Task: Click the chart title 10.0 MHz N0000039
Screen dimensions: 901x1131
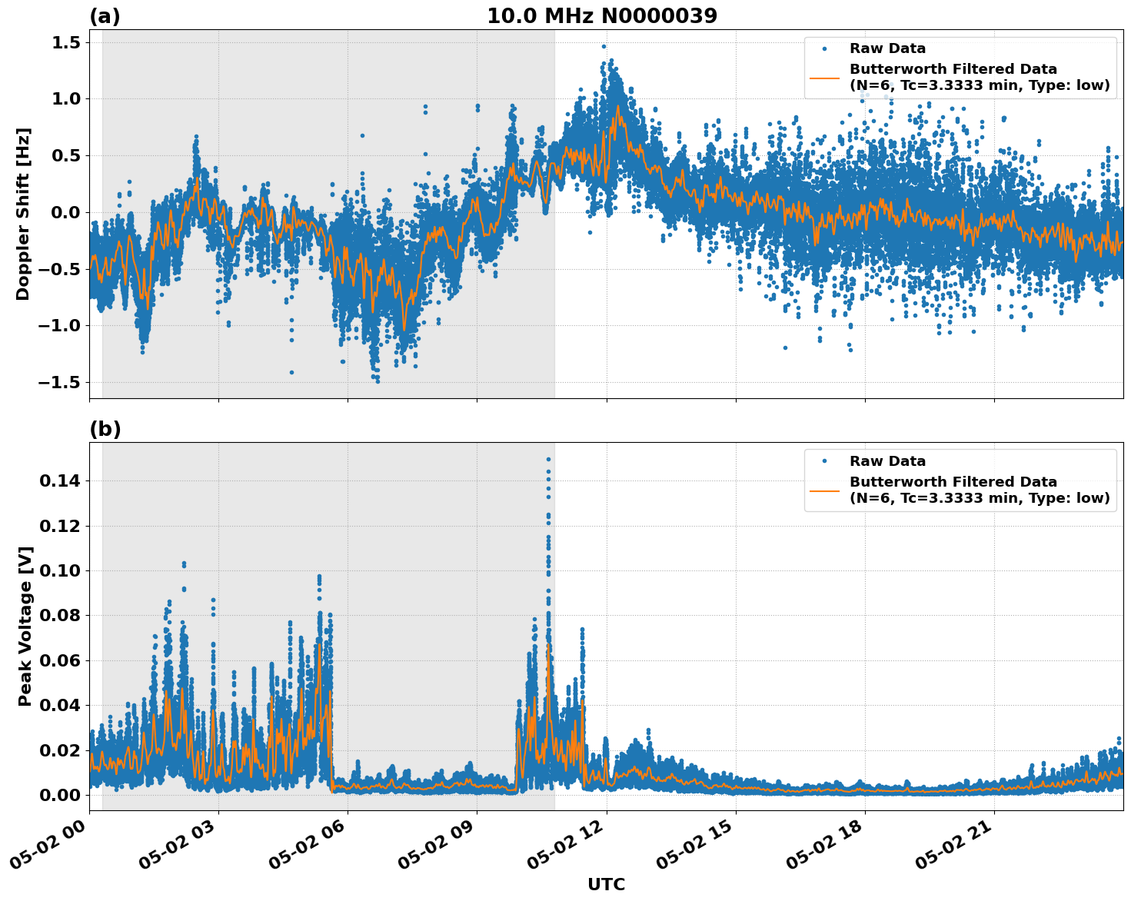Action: [602, 16]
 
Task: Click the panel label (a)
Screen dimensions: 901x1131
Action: [105, 16]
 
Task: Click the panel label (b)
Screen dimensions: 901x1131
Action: [105, 429]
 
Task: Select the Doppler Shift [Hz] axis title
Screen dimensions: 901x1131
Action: [23, 214]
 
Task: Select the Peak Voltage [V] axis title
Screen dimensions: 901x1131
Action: [25, 626]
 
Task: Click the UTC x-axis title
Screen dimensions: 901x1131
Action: [606, 884]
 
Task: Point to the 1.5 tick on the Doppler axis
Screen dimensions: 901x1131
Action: [65, 42]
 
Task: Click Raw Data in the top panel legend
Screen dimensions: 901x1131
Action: [887, 48]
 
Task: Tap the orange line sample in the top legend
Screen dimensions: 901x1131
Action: [824, 77]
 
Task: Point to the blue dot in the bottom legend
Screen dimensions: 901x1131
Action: [824, 461]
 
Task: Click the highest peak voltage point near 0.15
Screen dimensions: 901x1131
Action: [548, 459]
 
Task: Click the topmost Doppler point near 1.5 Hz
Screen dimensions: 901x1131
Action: [604, 46]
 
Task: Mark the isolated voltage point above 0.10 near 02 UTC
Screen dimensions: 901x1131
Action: [184, 564]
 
